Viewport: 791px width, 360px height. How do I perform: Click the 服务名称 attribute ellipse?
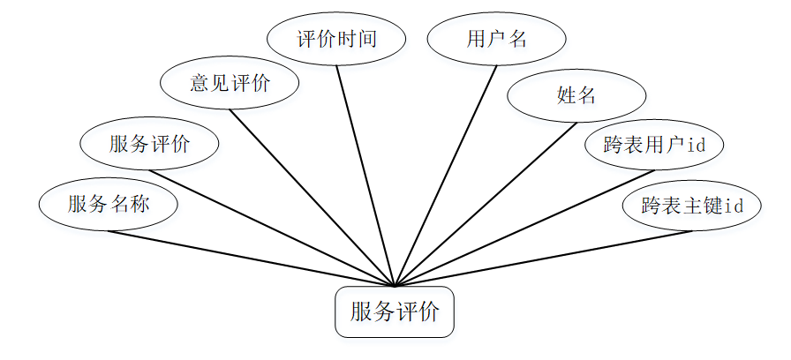coord(108,205)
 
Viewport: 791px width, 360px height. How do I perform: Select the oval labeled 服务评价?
coord(149,144)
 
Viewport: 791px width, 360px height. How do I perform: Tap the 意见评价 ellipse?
coord(230,84)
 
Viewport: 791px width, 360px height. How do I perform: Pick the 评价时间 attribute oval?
coord(336,40)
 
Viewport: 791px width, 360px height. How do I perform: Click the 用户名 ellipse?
coord(496,40)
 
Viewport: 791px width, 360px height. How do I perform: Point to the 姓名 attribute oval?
coord(576,95)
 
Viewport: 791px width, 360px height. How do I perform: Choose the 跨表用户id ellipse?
coord(654,145)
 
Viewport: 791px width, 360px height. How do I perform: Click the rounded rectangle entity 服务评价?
coord(395,311)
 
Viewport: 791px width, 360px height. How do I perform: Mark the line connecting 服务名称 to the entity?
coord(252,259)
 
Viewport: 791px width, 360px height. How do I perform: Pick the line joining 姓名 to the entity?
coord(486,203)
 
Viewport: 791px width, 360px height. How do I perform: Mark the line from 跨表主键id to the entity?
coord(543,259)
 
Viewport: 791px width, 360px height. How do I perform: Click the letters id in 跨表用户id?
coord(696,145)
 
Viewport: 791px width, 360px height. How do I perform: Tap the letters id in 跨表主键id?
coord(732,206)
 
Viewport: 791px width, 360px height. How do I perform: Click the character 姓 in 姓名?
coord(567,95)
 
